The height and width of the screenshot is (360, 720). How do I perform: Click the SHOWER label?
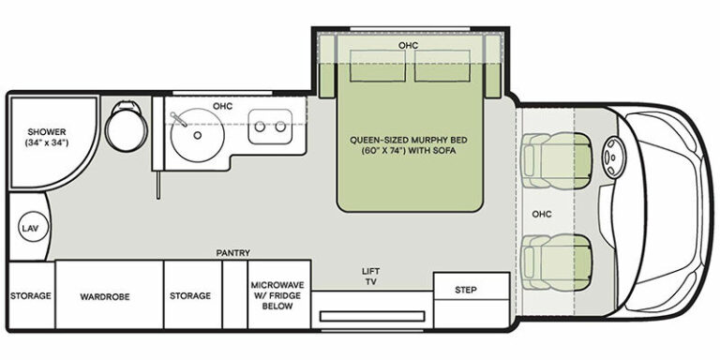46,132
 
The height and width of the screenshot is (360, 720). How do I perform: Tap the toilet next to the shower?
127,127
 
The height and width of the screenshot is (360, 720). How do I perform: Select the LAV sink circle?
34,228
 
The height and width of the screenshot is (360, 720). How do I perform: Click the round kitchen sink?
197,135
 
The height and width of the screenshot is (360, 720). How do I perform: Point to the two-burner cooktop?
270,127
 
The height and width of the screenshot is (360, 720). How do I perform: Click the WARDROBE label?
105,296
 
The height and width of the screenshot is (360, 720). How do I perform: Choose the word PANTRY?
233,252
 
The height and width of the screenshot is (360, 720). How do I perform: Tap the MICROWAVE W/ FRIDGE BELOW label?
277,295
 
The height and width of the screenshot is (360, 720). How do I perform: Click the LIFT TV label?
371,277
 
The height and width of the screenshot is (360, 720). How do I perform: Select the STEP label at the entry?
466,290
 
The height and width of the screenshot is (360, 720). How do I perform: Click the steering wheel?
611,157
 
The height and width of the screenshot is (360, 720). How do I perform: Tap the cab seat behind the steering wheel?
557,160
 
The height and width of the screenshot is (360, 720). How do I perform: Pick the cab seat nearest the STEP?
557,262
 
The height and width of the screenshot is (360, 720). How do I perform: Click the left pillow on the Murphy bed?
378,66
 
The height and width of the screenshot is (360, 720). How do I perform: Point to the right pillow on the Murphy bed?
442,66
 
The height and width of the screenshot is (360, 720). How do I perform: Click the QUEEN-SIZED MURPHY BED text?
409,140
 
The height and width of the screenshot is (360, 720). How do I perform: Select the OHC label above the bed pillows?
408,45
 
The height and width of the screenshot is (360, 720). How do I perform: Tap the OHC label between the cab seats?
542,214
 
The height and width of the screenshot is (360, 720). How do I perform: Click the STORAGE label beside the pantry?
190,295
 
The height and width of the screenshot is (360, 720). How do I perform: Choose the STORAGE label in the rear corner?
31,295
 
